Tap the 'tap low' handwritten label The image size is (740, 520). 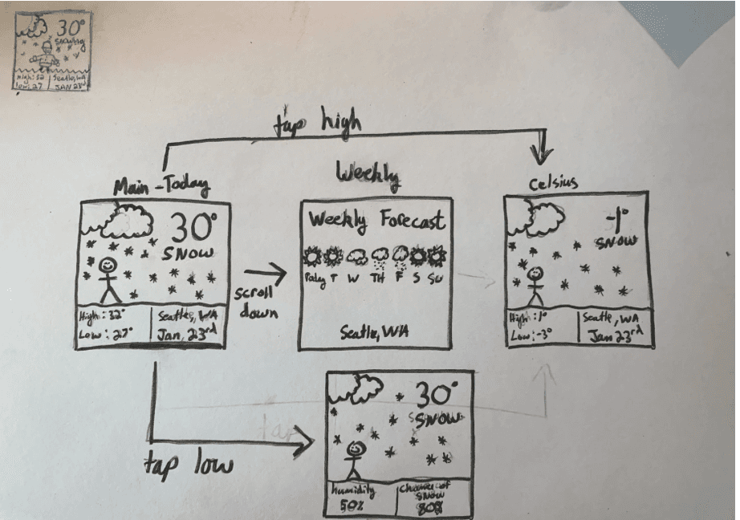pyautogui.click(x=189, y=463)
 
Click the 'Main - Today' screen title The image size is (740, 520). pyautogui.click(x=161, y=187)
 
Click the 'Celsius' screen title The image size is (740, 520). pyautogui.click(x=555, y=185)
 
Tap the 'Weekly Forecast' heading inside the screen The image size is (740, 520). pyautogui.click(x=377, y=220)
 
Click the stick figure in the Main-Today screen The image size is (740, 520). pyautogui.click(x=108, y=278)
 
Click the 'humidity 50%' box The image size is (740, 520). pyautogui.click(x=360, y=498)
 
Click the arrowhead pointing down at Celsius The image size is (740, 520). pyautogui.click(x=545, y=152)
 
